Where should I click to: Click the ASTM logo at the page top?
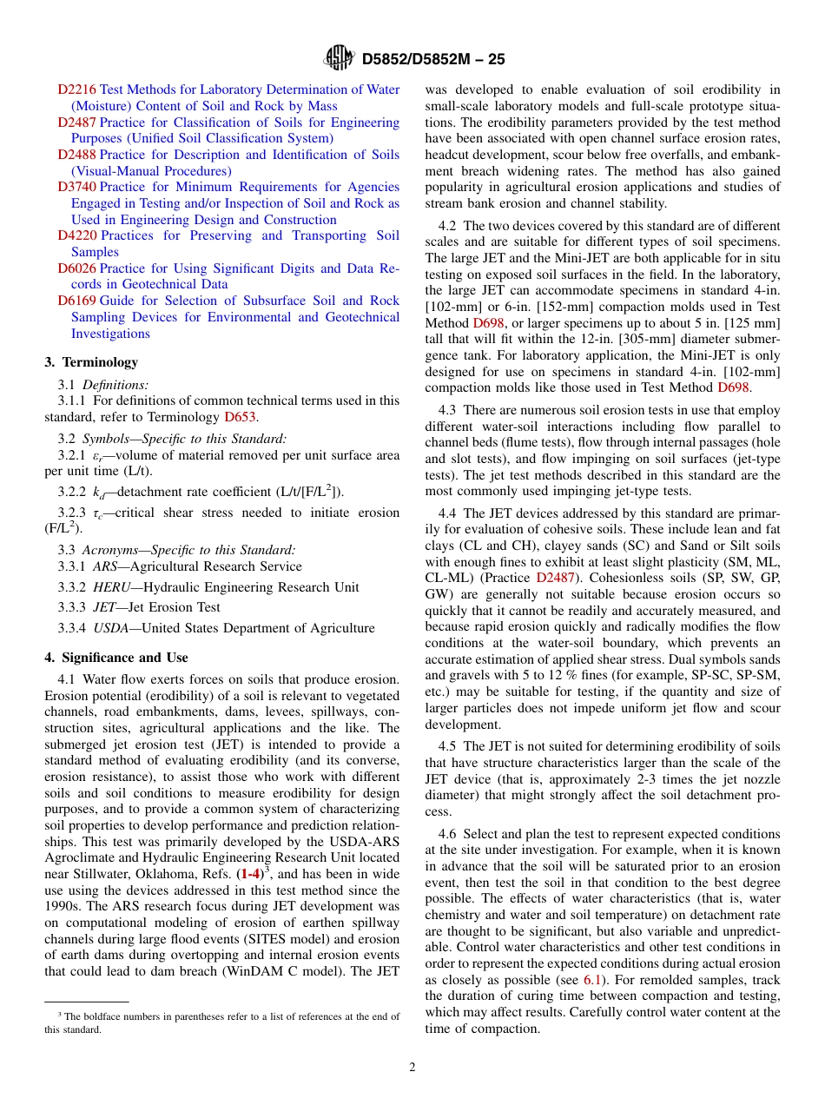point(339,58)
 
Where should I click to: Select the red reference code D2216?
point(77,89)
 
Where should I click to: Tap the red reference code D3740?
point(77,187)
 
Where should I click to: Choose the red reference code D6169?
point(77,301)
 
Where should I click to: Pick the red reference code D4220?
point(77,235)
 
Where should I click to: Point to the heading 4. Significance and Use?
point(115,658)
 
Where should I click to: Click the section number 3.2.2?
point(71,492)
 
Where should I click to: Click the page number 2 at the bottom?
point(412,1068)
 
